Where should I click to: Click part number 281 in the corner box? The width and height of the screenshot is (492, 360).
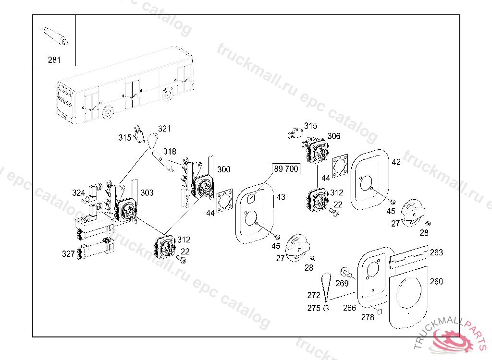point(54,60)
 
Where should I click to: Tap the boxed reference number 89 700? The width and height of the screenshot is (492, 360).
point(286,169)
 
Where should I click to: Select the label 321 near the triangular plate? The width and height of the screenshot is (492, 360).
point(164,129)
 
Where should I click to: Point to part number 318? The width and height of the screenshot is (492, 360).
point(169,152)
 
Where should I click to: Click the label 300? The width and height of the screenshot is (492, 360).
point(223,169)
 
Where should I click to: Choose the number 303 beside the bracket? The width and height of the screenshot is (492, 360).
point(147,192)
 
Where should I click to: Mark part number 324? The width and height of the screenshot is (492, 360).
point(79,193)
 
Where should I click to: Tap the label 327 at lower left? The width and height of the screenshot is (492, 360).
point(68,254)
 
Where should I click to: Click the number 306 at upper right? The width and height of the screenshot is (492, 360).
point(333,136)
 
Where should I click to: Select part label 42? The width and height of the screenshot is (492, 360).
point(396,162)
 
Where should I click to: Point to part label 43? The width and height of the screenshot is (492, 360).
point(281,197)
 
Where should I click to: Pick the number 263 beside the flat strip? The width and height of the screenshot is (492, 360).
point(436,252)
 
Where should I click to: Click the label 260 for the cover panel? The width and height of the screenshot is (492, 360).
point(436,281)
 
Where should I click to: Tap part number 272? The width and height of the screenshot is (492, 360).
point(313,295)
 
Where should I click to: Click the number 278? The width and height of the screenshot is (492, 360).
point(367,317)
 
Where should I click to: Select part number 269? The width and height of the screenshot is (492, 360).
point(342,284)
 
